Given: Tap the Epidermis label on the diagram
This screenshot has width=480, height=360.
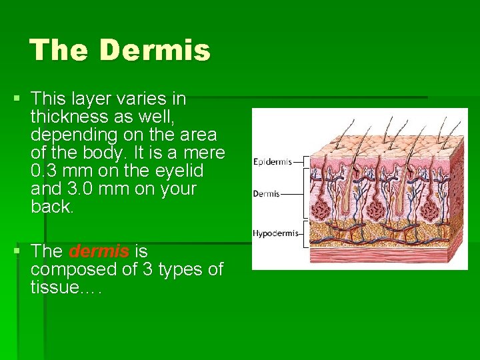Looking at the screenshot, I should [x=272, y=162].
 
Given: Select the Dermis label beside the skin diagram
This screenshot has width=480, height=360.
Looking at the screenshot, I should [x=266, y=194].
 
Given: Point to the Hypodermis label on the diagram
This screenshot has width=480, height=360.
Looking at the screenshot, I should [x=275, y=233].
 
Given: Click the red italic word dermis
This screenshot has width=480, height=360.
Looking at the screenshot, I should [x=99, y=252].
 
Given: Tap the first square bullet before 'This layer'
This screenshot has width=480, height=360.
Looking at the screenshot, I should [x=17, y=99].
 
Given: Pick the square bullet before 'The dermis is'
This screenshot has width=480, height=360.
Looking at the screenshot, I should [x=17, y=252].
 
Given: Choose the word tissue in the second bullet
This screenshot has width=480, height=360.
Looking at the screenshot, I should [x=53, y=288].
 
